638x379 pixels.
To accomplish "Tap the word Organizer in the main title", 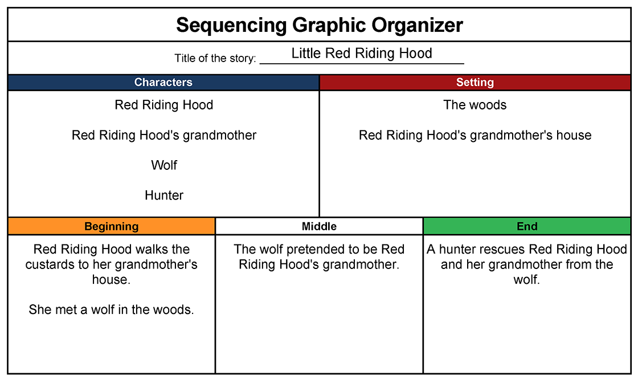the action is coord(417,25).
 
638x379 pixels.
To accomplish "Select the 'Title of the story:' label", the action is coord(215,58).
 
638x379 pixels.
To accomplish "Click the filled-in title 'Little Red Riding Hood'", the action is coord(362,54).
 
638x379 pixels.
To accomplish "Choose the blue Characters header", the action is coord(163,82).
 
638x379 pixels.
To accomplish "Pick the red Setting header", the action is coord(475,82).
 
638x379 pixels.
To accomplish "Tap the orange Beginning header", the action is coord(112,226).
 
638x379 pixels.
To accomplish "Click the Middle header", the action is coord(319,226).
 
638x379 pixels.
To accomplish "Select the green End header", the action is coord(527,226).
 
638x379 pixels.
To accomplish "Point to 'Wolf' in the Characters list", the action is coord(164,165).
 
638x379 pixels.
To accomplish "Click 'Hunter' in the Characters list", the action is coord(164,195).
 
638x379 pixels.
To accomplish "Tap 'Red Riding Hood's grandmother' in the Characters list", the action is coord(164,135).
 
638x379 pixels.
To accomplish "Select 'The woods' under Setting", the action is coord(475,105).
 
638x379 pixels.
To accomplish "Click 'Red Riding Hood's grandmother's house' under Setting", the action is coord(475,135).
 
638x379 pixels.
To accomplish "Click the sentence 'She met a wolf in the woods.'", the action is coord(111,310).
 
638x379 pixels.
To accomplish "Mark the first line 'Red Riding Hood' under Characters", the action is coord(164,105).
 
